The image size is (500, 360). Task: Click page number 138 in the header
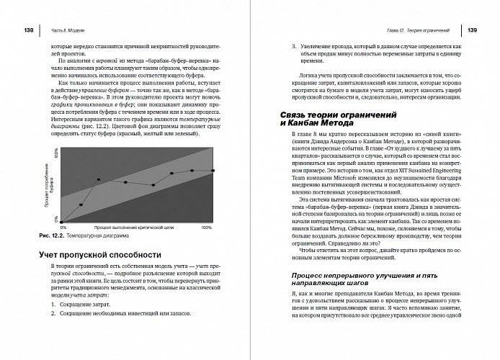[30, 30]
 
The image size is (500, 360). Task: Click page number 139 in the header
[470, 30]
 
